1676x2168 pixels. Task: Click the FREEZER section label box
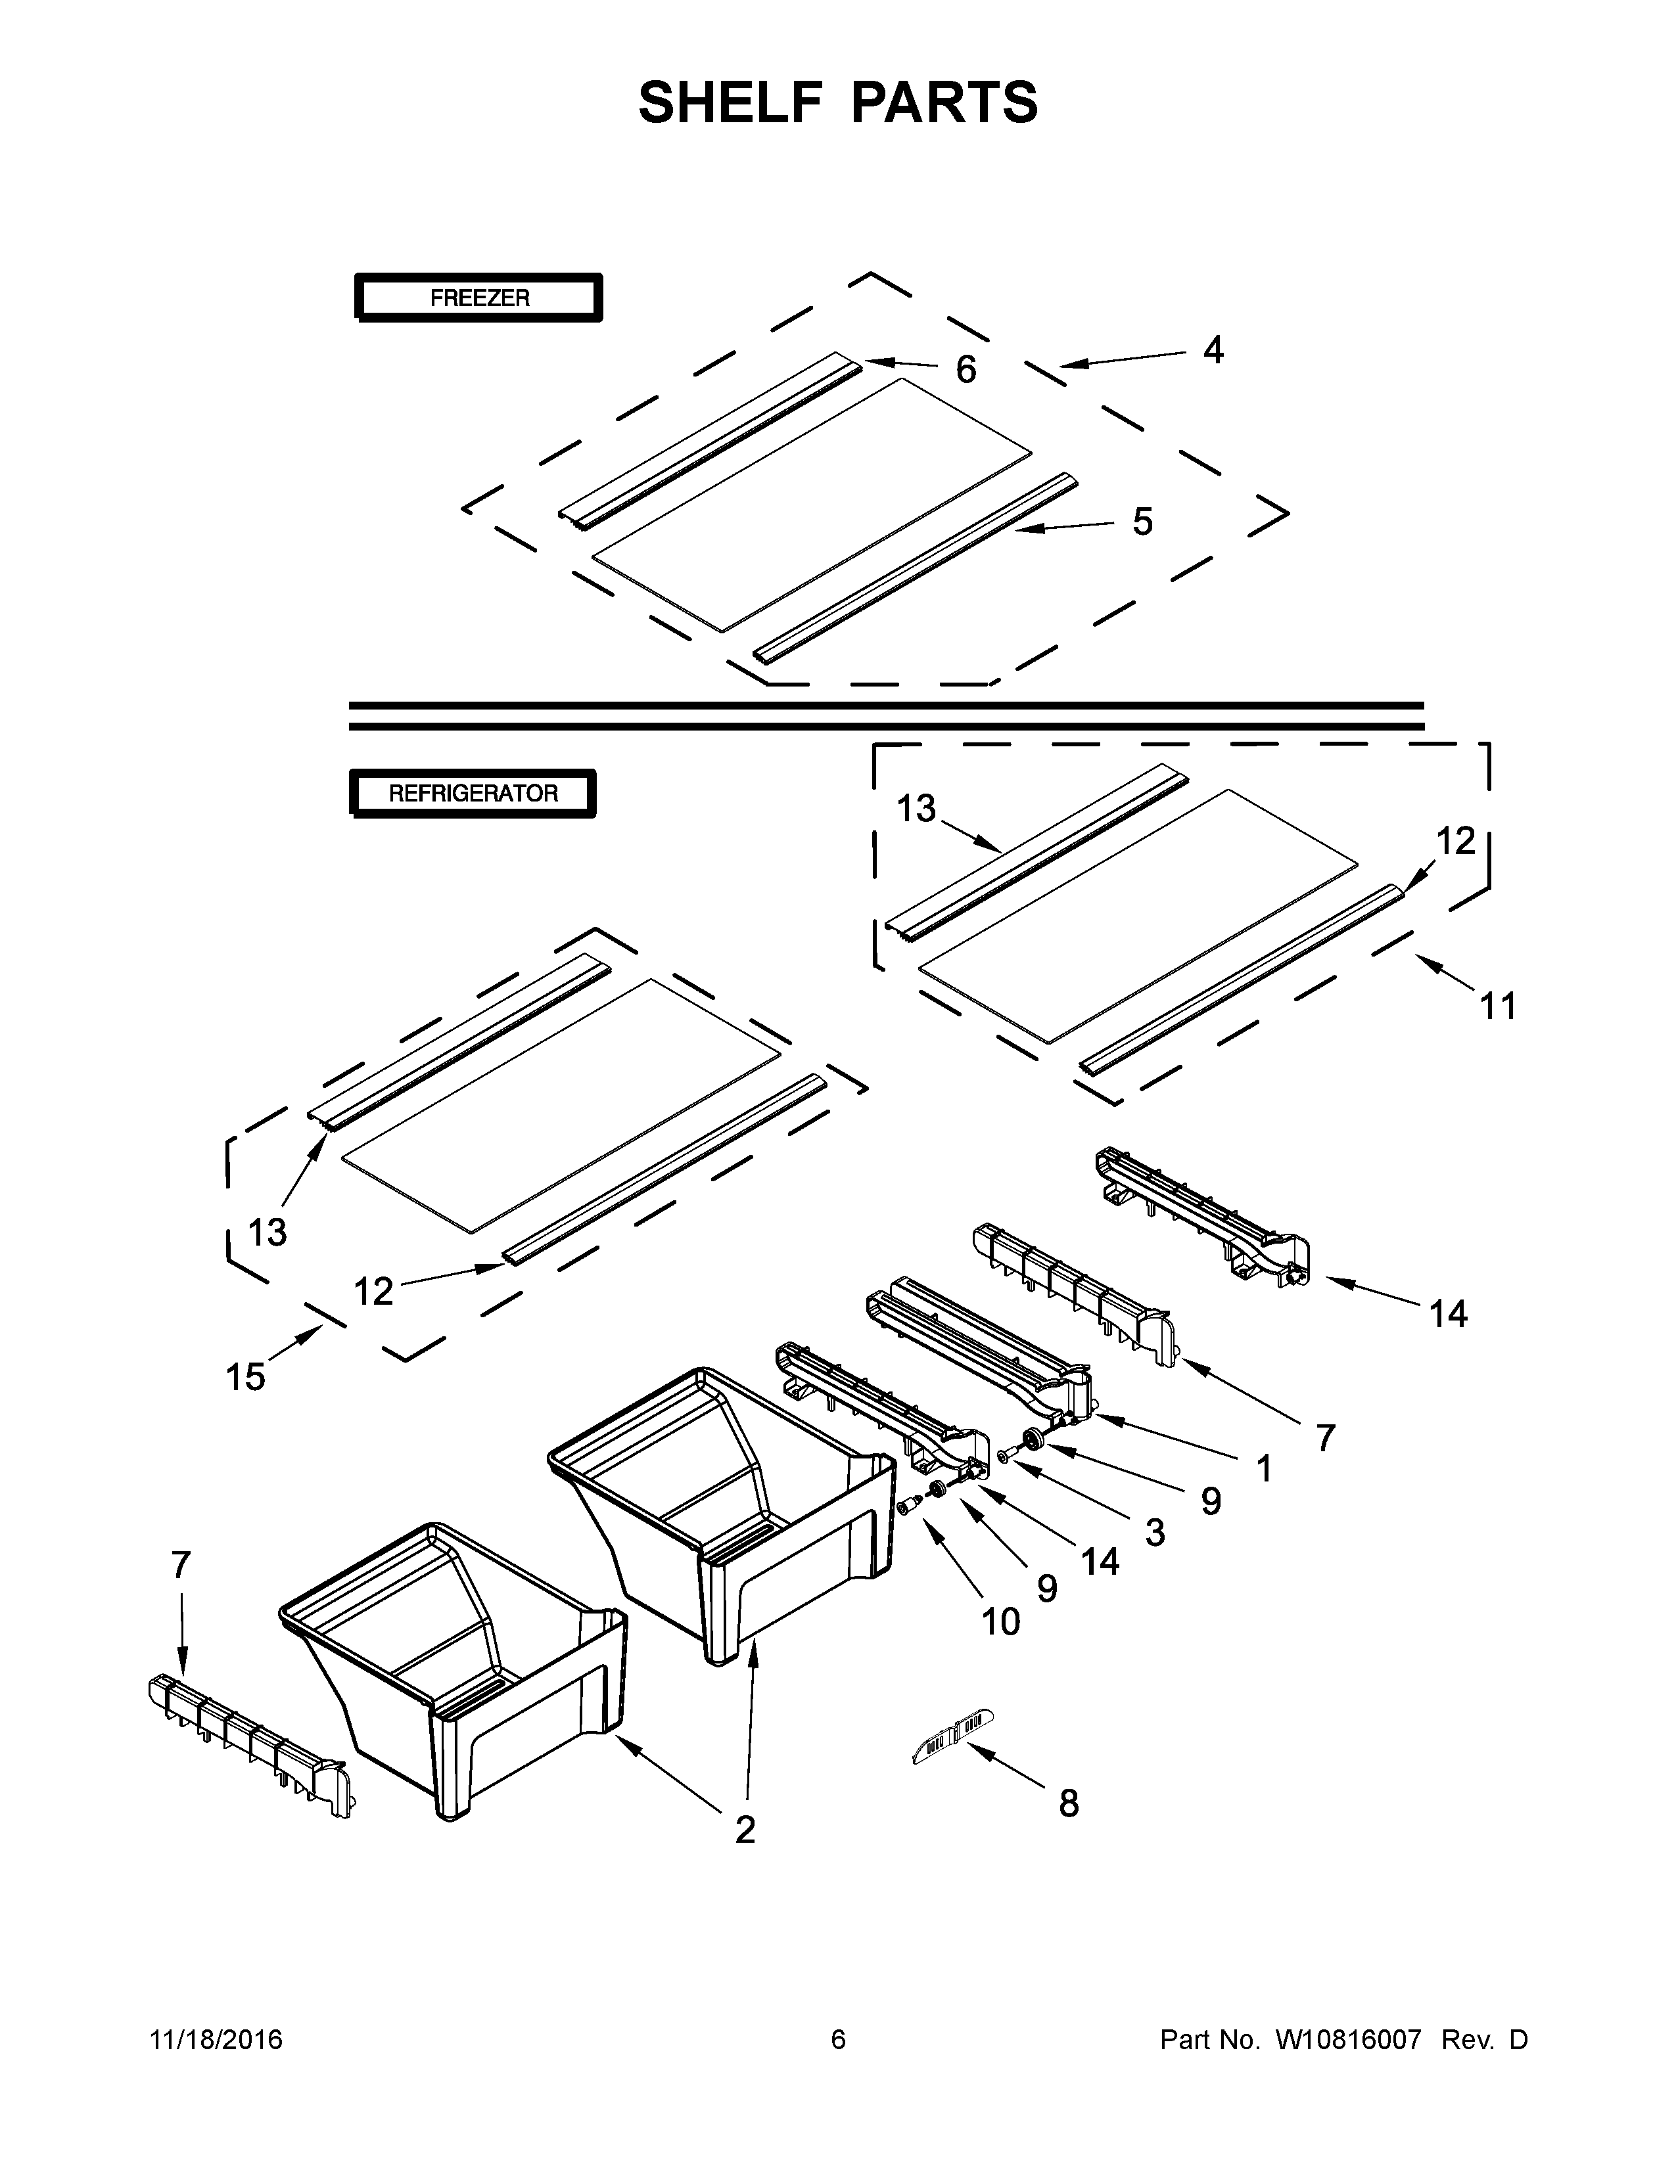tap(478, 298)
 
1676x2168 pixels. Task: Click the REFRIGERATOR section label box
tap(473, 793)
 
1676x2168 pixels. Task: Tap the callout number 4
tap(1213, 350)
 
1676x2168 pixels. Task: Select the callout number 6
tap(965, 369)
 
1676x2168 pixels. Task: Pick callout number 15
tap(245, 1377)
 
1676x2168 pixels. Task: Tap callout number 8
tap(1068, 1803)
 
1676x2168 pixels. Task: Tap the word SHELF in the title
tap(731, 103)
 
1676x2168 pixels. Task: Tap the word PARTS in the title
tap(943, 103)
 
